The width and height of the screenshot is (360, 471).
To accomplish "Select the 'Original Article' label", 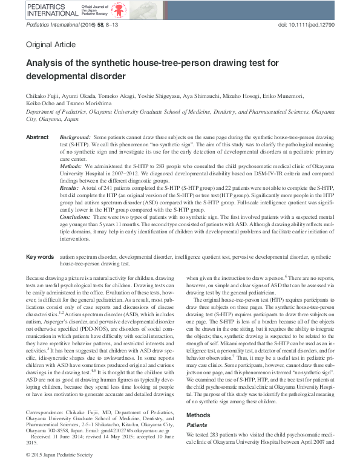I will (51, 45).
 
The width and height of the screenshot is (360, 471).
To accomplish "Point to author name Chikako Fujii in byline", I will (43, 95).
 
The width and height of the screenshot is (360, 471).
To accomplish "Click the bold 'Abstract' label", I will (38, 138).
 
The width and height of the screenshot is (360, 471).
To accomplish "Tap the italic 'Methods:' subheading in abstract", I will (72, 165).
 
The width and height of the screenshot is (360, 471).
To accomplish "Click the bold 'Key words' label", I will (40, 258).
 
